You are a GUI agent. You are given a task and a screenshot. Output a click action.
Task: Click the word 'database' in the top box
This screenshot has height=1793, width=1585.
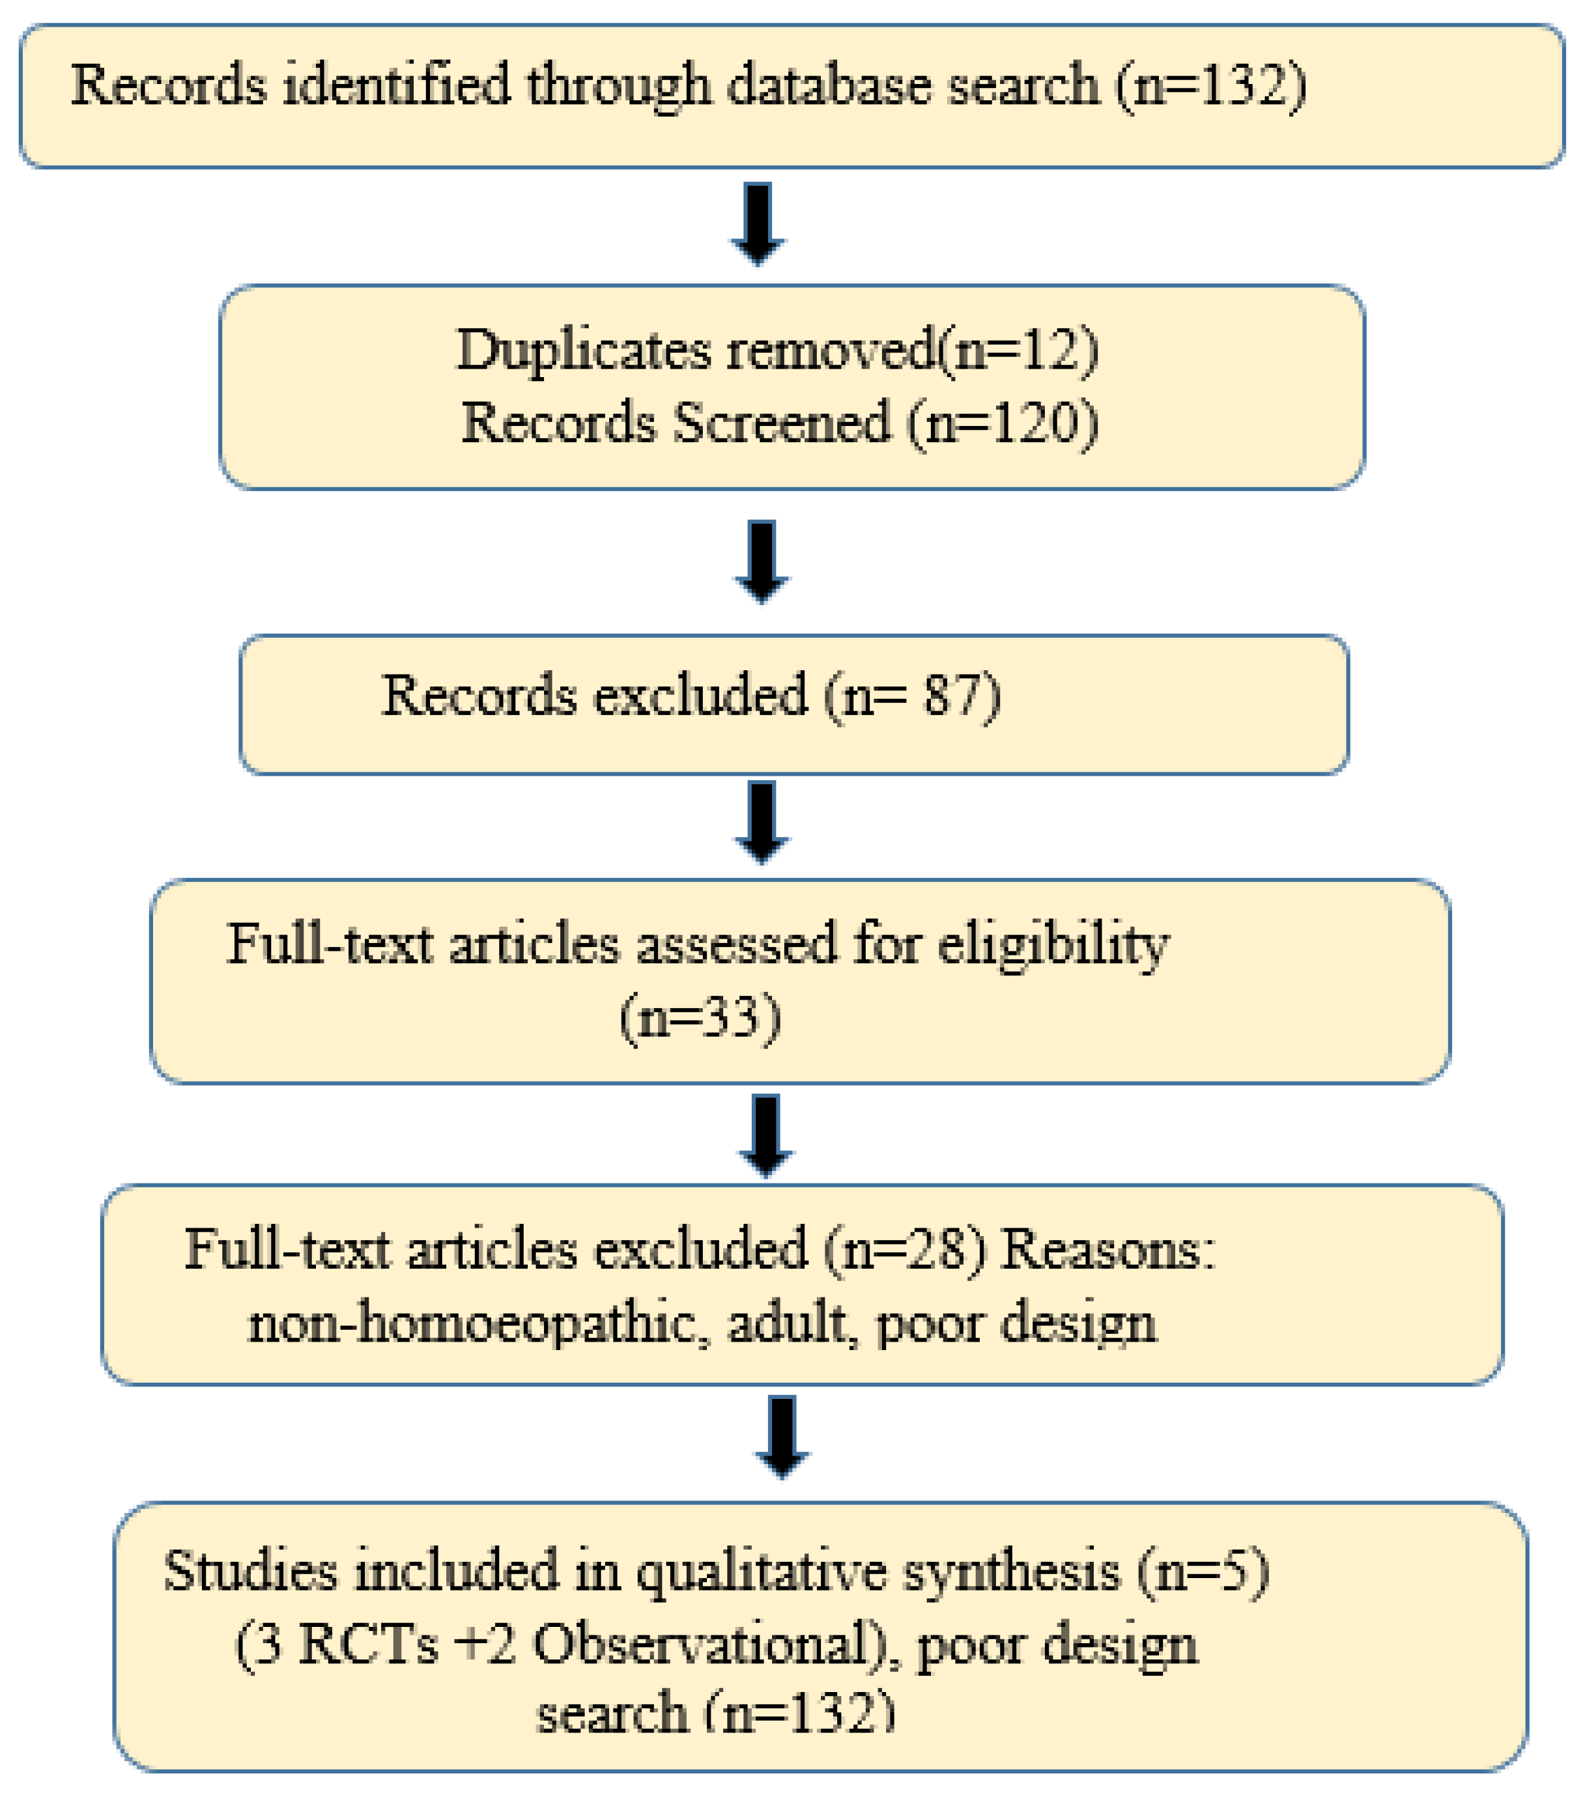coord(829,87)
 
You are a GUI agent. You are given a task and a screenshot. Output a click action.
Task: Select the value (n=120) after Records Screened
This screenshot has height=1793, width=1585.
coord(1003,424)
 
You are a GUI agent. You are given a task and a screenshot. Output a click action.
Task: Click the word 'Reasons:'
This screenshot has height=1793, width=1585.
coord(1108,1249)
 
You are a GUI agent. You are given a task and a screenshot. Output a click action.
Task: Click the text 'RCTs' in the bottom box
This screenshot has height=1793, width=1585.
coord(367,1644)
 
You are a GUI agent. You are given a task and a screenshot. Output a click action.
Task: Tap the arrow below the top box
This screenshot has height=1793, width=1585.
coord(758,223)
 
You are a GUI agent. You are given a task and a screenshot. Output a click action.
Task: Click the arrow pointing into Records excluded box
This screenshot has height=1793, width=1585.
coord(762,561)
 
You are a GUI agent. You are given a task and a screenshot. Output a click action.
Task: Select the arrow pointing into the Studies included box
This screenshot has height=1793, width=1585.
coord(782,1436)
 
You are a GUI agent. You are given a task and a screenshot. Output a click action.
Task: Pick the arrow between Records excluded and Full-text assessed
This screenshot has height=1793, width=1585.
coord(762,822)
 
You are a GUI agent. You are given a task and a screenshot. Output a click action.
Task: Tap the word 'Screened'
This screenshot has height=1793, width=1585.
coord(781,424)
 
